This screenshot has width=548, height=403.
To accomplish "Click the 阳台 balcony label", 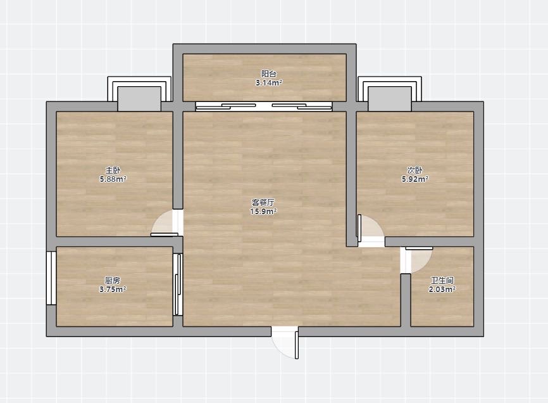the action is pos(269,74).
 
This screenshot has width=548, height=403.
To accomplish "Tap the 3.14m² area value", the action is pos(269,83).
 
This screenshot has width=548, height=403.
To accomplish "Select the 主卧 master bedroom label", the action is pos(113,170).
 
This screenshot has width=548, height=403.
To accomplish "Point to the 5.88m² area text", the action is pos(113,179).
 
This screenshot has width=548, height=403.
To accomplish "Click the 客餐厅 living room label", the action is pos(263,202).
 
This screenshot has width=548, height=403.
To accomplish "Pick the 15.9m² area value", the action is pos(263,211).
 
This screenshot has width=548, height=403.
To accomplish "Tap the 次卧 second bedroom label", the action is pos(415,170).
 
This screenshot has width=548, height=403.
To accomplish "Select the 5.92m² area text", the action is pos(415,179).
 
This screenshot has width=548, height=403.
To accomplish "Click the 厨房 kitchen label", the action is pos(113,280).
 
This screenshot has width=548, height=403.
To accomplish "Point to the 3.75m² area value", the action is pos(113,290).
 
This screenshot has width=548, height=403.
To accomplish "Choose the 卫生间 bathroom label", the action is pos(442,280).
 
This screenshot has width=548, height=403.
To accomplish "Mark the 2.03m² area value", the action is pos(442,290).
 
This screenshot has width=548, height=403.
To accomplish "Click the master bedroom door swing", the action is pos(165,223).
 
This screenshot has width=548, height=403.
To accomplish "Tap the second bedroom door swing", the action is pos(370,227).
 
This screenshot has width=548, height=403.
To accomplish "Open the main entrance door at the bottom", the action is pos(285,343).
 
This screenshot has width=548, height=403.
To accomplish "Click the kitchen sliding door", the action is pos(178,285).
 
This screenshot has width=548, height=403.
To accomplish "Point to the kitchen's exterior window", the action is pos(51,278).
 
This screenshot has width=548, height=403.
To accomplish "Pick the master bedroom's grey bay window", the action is pos(139,99).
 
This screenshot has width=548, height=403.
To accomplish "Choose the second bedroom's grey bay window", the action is pos(390,99).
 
